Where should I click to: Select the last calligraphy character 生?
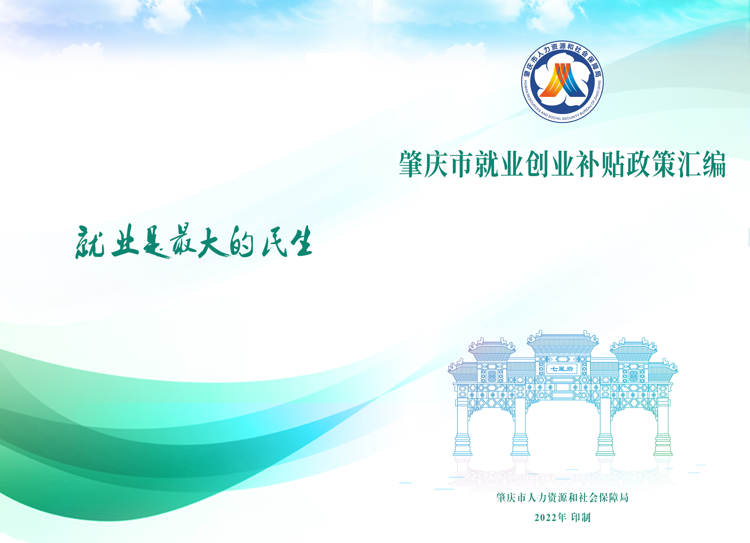pyautogui.click(x=301, y=241)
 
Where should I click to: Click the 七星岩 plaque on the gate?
pyautogui.click(x=561, y=369)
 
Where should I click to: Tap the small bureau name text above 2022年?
pyautogui.click(x=562, y=498)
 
